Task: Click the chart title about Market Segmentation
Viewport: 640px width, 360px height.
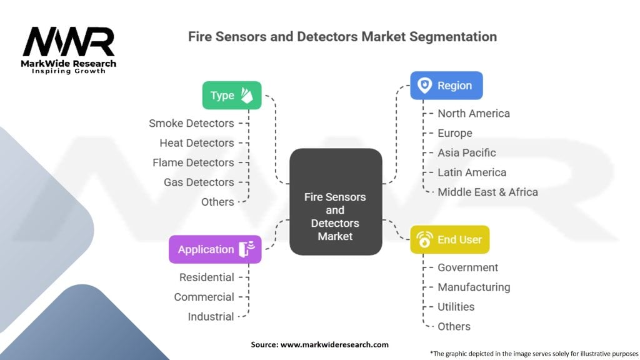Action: tap(342, 37)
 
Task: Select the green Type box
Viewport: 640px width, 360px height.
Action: tap(231, 96)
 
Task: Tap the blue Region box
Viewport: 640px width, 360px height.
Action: tap(446, 86)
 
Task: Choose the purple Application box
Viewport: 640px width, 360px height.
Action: tap(214, 249)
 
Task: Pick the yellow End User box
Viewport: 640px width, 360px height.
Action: tap(449, 239)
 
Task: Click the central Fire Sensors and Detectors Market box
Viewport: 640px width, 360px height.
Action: tap(336, 216)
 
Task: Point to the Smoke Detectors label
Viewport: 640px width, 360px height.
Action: tap(191, 123)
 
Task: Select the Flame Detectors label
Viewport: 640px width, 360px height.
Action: tap(193, 162)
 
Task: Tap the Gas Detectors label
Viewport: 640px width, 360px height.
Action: tap(199, 182)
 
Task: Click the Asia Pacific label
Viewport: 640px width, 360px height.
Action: tap(467, 152)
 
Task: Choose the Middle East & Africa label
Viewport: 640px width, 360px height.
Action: tap(487, 192)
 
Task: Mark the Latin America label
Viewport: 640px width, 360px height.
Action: tap(472, 172)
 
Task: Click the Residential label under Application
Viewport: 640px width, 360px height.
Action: tap(206, 277)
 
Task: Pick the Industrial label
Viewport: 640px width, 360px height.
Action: tap(211, 316)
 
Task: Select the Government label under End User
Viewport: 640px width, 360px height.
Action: tap(467, 267)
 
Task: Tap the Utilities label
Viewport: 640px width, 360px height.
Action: tap(456, 306)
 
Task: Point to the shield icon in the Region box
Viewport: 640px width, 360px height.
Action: tap(425, 86)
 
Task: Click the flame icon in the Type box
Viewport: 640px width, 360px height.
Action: tap(247, 95)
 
